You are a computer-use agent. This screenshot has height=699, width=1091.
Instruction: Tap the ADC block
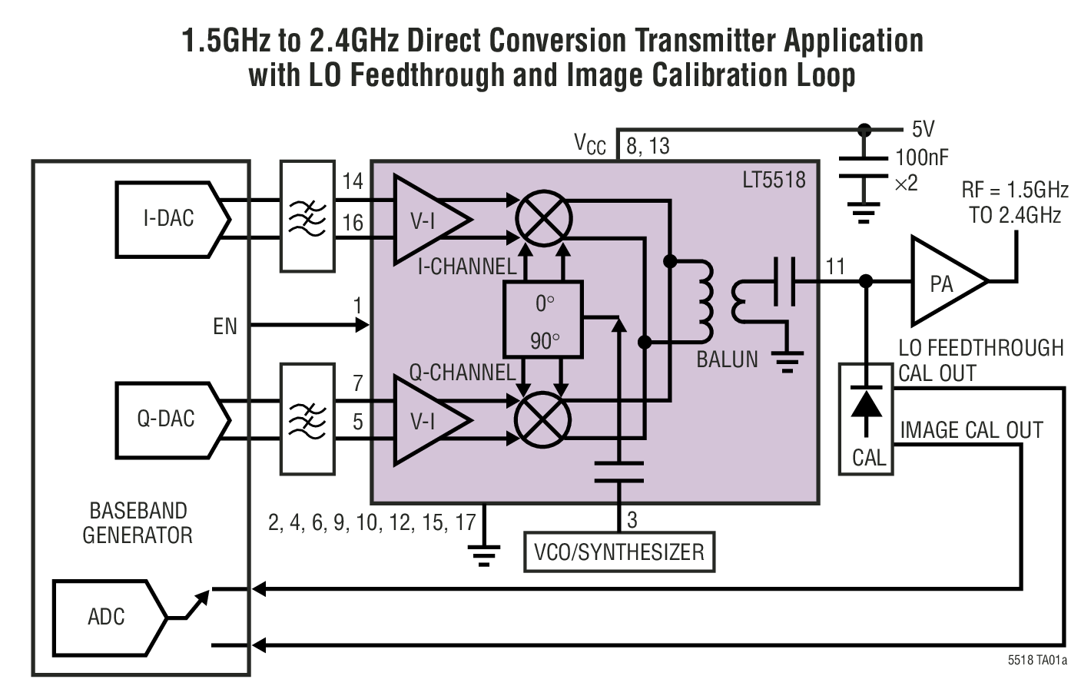point(108,617)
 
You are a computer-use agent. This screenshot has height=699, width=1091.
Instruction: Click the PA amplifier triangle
point(943,283)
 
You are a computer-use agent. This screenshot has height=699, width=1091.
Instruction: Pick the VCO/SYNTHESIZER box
point(618,552)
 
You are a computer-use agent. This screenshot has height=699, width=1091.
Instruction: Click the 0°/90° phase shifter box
point(543,319)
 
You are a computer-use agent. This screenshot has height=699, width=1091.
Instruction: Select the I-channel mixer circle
point(543,219)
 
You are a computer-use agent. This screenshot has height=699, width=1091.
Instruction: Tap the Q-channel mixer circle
point(543,419)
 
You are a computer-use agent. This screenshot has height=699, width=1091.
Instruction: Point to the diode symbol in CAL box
point(866,403)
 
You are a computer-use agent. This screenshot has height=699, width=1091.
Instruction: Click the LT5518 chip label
point(773,180)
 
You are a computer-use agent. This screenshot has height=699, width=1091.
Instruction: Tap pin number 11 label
point(835,267)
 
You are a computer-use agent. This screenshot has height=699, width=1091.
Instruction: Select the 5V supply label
point(923,129)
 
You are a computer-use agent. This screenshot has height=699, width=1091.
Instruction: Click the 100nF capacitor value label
point(921,158)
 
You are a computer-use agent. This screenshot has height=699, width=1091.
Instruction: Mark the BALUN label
point(727,359)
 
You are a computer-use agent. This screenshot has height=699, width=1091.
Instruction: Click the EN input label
point(225,326)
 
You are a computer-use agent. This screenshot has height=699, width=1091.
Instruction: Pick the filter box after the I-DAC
point(307,216)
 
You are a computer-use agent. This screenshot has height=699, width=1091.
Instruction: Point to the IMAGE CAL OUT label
point(971,430)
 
